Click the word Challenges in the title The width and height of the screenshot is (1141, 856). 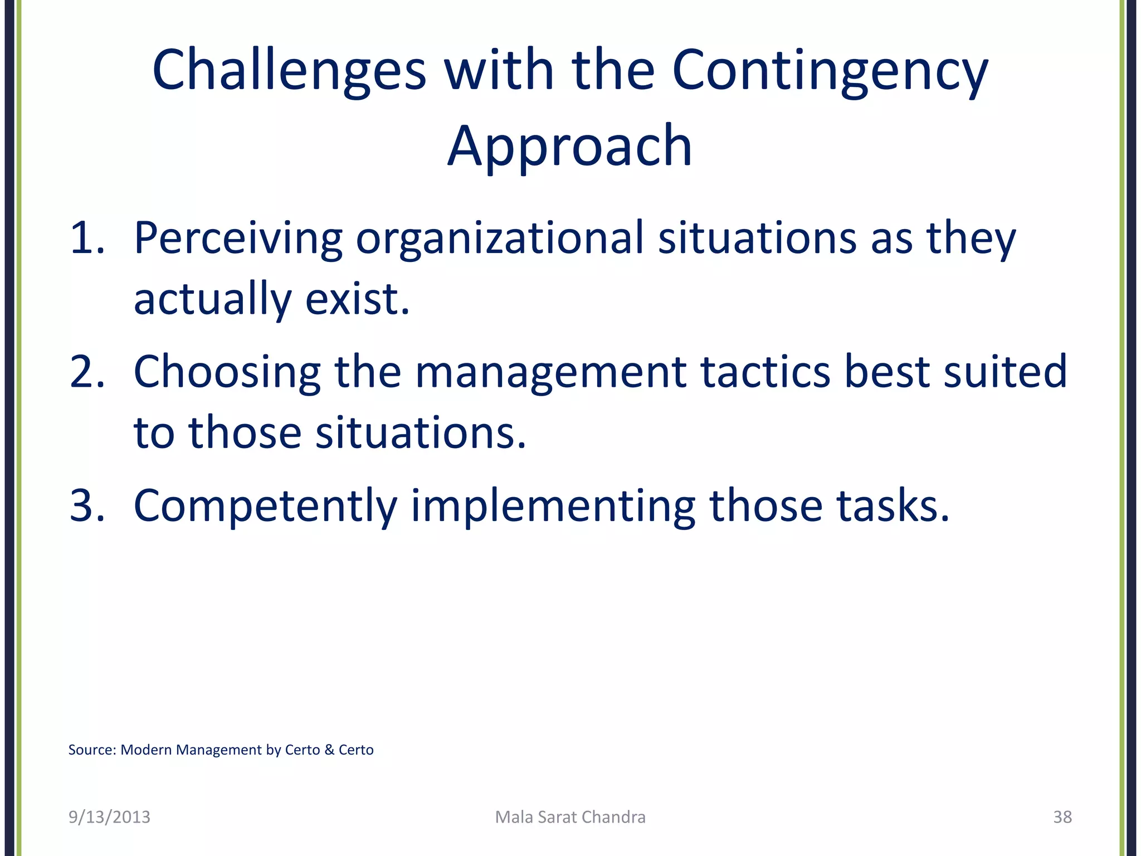[x=289, y=71]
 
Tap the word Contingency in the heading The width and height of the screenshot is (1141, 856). [x=830, y=71]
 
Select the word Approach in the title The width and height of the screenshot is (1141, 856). [x=569, y=146]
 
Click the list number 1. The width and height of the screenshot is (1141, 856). [x=87, y=238]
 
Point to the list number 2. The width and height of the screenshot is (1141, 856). [x=87, y=372]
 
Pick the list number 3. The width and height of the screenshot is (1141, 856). [x=87, y=505]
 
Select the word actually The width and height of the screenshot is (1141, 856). [x=212, y=299]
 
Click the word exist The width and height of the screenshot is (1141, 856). [x=357, y=299]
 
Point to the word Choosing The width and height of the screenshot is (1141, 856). [x=227, y=372]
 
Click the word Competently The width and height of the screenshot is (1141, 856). [x=265, y=505]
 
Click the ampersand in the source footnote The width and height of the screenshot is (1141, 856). [x=329, y=750]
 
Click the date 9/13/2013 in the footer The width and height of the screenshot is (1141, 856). [x=109, y=817]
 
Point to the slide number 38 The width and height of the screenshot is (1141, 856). [x=1062, y=817]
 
